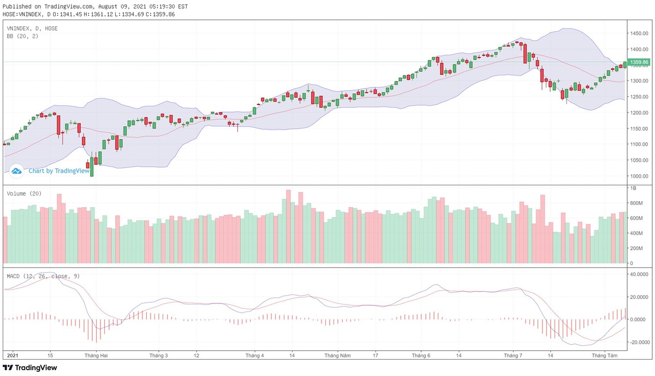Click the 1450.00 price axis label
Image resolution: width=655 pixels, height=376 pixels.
click(638, 33)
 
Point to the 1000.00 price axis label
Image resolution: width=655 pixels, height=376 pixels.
click(638, 176)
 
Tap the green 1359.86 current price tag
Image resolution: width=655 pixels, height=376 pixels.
click(639, 62)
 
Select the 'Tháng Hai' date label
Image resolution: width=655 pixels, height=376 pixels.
click(95, 356)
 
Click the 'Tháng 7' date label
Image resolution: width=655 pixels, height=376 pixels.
click(513, 356)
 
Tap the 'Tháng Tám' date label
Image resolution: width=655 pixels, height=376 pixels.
click(605, 356)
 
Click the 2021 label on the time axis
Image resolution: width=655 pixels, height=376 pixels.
click(11, 356)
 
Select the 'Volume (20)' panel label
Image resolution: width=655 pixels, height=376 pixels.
click(24, 193)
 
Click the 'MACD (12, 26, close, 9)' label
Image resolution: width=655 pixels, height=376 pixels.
click(43, 276)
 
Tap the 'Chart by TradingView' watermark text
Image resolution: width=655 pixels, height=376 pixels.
click(59, 171)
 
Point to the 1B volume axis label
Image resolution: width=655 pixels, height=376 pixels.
click(633, 188)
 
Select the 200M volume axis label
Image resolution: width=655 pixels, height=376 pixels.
click(636, 248)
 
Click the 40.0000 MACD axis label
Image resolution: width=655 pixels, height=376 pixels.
click(639, 274)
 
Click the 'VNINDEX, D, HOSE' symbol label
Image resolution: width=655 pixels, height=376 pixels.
click(32, 28)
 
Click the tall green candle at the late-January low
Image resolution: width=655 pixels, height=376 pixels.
click(92, 167)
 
